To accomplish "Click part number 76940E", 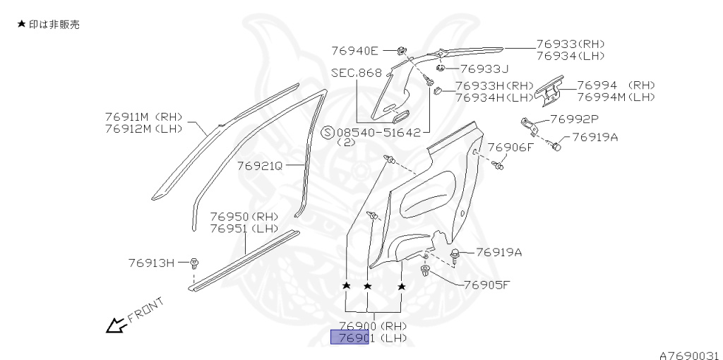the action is [355, 50].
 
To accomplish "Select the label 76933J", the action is [484, 68].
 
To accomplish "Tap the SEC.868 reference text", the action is [356, 73].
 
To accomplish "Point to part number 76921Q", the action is [259, 166].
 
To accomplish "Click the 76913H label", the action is [151, 263].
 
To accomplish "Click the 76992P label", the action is [573, 119].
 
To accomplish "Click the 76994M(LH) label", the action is [616, 97].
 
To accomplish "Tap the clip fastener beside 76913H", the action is [195, 263].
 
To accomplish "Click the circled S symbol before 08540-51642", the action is [328, 132].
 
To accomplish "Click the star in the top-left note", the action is [21, 24].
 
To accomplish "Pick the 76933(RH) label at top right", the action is [570, 44].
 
